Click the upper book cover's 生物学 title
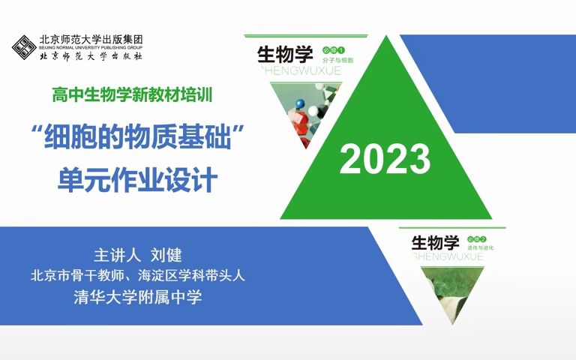285,55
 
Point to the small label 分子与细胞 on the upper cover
337,58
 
